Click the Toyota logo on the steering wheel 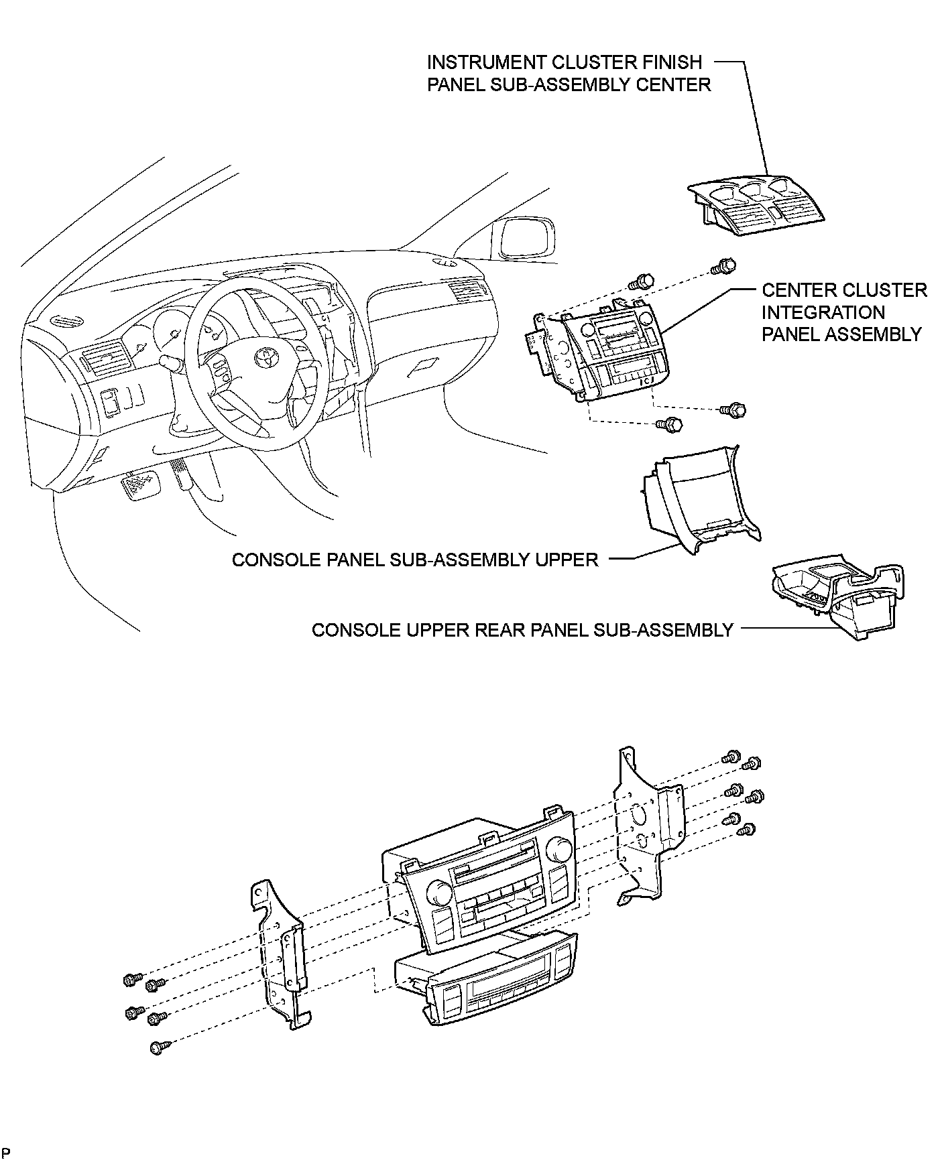(265, 356)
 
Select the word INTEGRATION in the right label (823, 312)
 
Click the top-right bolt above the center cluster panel (724, 265)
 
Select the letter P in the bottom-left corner (6, 1151)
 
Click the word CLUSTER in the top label (593, 62)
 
